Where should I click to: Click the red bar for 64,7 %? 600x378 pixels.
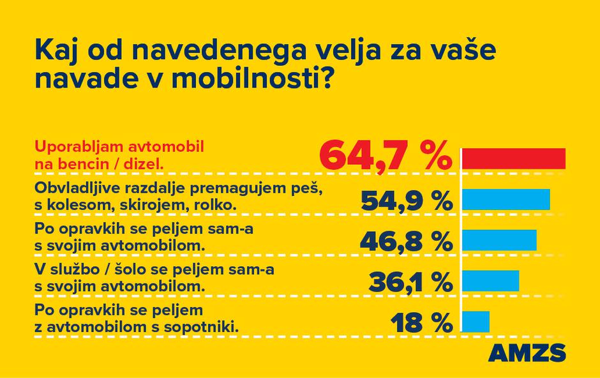pos(514,158)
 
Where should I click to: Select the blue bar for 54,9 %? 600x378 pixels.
pos(506,200)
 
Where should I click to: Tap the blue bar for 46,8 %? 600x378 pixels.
pos(499,239)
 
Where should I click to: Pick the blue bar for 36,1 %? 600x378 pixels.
pos(490,280)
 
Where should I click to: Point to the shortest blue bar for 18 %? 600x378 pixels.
pos(476,321)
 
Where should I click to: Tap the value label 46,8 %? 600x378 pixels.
pos(407,241)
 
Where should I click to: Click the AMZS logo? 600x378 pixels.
pos(527,352)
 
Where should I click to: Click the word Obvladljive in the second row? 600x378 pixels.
pos(68,189)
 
